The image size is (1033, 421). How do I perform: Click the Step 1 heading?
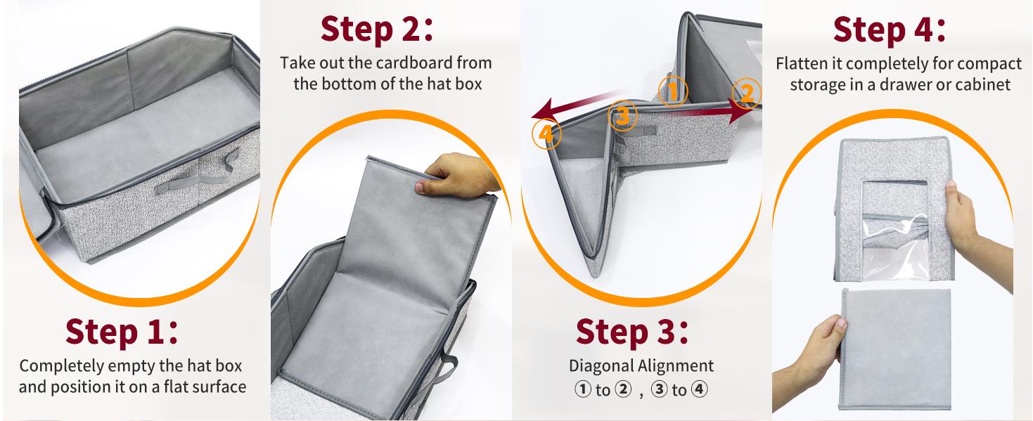click(x=122, y=332)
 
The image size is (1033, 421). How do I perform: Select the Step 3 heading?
click(x=631, y=332)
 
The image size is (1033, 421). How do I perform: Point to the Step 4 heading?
click(x=888, y=30)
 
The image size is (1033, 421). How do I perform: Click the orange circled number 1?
click(x=673, y=91)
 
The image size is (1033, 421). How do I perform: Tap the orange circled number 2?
click(x=747, y=92)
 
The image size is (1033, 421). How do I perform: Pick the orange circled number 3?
click(x=623, y=115)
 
